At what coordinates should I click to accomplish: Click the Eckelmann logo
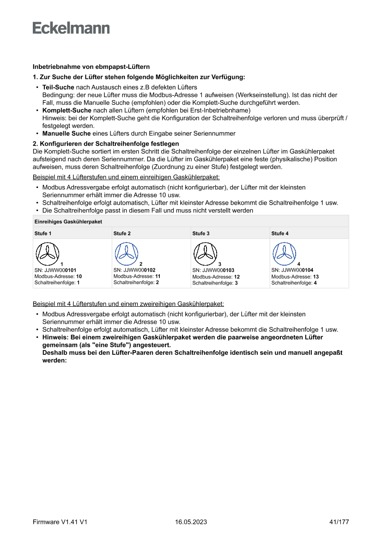(x=71, y=28)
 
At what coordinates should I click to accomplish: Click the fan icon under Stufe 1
(x=48, y=253)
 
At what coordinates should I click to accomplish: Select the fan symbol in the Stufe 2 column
(x=126, y=253)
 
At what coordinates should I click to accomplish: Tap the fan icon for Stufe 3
(x=205, y=253)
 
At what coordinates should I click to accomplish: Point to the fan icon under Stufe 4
(x=284, y=253)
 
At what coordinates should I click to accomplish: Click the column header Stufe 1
(x=43, y=233)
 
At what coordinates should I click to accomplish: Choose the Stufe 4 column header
(x=280, y=233)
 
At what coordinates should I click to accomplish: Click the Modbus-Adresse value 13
(x=315, y=277)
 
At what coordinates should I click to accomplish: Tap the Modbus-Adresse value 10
(x=79, y=277)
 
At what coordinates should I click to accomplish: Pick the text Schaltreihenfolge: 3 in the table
(x=215, y=283)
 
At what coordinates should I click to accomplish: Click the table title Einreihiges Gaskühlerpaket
(x=68, y=222)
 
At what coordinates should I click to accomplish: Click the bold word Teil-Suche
(x=58, y=87)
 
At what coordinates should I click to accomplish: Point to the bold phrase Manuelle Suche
(x=66, y=133)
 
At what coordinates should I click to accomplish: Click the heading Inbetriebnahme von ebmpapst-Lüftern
(x=91, y=67)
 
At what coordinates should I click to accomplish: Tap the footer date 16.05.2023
(x=191, y=522)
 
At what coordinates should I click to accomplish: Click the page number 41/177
(x=339, y=522)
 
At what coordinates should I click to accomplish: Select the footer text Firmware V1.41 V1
(x=60, y=522)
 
